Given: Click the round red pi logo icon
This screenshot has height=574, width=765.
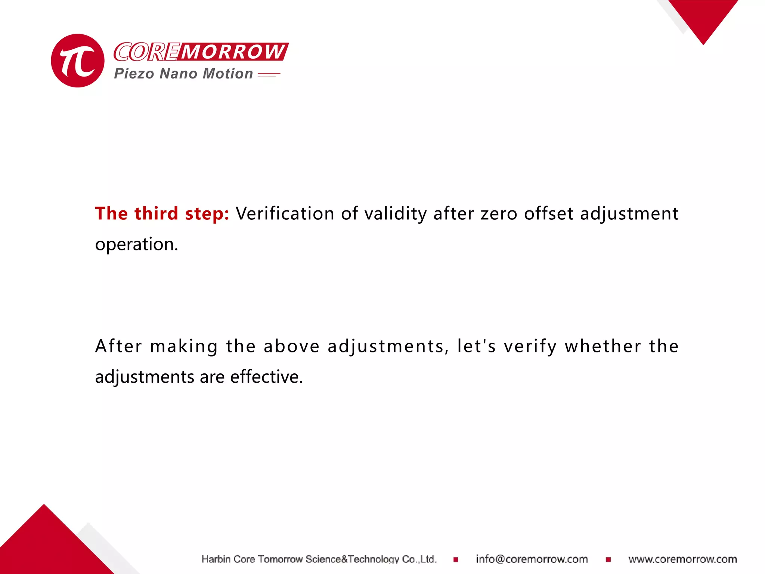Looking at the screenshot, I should pos(78,61).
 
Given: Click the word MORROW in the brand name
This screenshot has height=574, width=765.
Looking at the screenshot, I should pos(233,52).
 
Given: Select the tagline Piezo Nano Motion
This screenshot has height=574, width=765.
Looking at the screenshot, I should pos(183,74).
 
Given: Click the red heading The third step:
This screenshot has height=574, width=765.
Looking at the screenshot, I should pos(162,213).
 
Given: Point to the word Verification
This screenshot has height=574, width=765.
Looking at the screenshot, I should pos(285,213).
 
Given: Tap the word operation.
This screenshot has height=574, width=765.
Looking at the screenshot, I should pos(136,244).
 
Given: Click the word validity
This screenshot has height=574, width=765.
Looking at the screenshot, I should pos(395,213).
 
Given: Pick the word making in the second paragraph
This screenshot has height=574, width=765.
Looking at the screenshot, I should pos(184,346).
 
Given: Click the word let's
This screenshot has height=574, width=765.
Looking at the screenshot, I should pos(477,346).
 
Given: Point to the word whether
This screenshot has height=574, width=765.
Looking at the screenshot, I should pos(603,346).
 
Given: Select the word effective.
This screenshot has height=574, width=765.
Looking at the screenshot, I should pos(266,377).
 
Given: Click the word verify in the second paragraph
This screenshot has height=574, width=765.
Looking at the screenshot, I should pos(530,346).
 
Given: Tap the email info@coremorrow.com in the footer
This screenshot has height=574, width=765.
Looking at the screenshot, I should pos(532,559).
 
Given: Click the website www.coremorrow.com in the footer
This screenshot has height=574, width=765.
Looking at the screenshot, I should pos(682,559).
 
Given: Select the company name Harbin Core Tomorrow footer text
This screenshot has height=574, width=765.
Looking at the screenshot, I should pos(319,559).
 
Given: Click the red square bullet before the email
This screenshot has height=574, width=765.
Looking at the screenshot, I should pos(456,559).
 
